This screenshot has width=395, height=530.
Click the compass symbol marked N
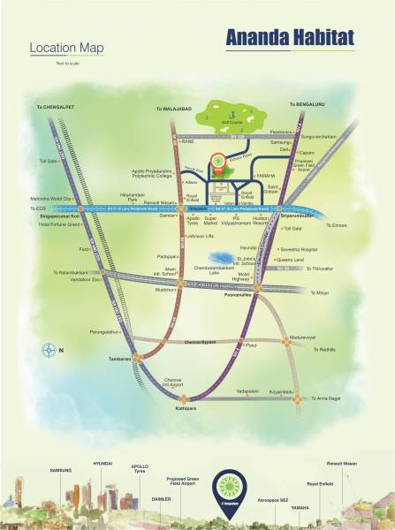pyautogui.click(x=49, y=351)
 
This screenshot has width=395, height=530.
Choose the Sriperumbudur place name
pyautogui.click(x=297, y=213)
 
